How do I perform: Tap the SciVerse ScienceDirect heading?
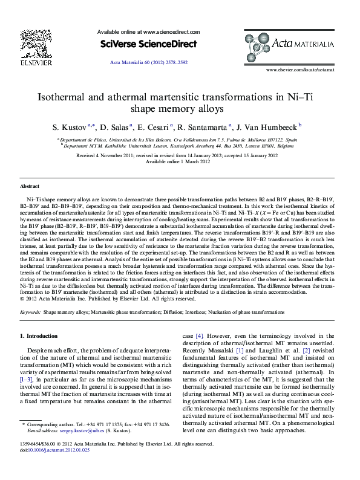pyautogui.click(x=148, y=44)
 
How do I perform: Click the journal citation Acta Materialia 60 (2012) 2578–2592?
pyautogui.click(x=148, y=62)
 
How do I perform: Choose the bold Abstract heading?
pyautogui.click(x=30, y=187)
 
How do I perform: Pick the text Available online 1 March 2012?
pyautogui.click(x=180, y=161)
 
